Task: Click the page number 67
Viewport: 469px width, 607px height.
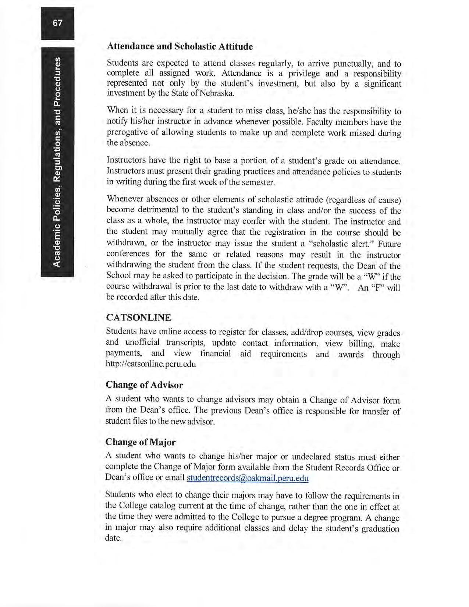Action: (x=58, y=23)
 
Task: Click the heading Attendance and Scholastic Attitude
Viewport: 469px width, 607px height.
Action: (x=180, y=47)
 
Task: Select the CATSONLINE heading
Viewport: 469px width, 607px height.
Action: (x=138, y=317)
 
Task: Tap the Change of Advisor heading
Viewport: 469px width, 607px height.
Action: (x=144, y=385)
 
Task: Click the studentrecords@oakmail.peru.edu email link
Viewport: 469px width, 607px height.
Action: (x=248, y=478)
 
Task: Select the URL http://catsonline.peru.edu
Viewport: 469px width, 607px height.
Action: (x=151, y=364)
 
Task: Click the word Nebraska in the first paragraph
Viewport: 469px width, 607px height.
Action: (x=217, y=93)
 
